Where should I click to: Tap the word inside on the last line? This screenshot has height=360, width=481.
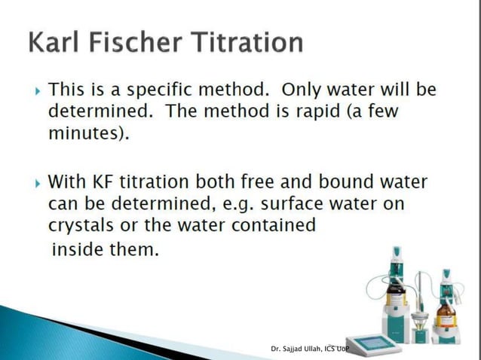(76, 250)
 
